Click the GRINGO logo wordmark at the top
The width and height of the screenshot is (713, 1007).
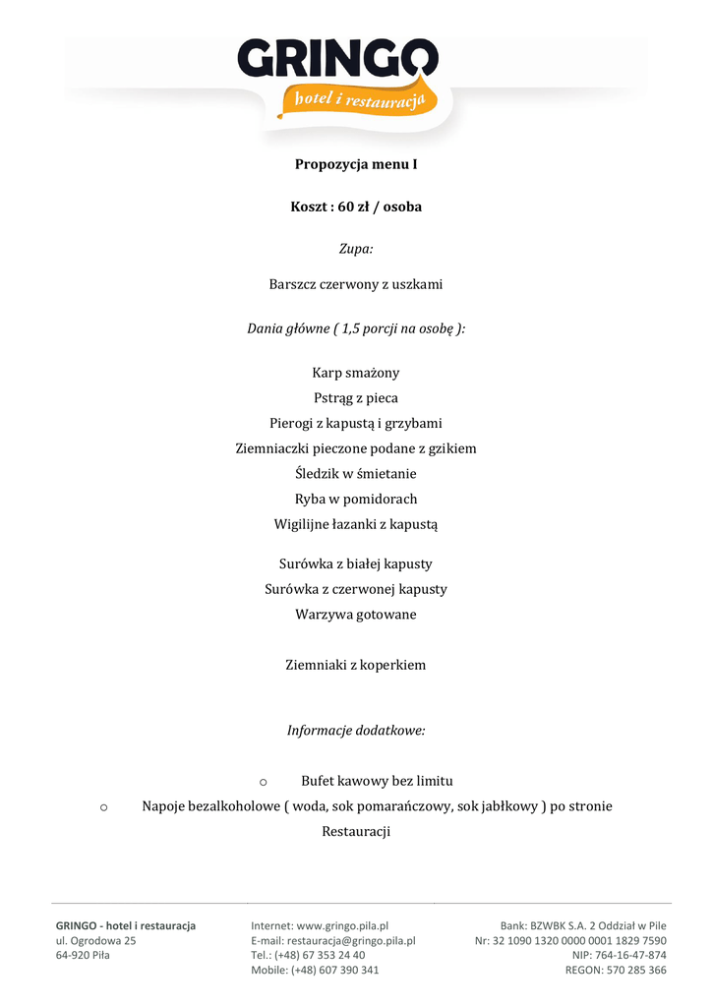337,60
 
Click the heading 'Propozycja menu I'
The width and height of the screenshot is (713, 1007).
356,164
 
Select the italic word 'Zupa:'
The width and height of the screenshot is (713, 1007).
356,250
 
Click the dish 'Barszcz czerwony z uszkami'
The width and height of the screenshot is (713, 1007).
356,284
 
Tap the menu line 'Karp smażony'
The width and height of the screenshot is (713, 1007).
356,374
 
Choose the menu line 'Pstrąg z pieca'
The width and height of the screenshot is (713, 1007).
356,398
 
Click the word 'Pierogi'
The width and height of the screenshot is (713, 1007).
293,424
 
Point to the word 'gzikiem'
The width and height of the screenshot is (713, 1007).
453,448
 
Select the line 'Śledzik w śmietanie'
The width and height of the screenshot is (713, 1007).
356,474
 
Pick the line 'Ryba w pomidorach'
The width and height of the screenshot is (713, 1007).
356,499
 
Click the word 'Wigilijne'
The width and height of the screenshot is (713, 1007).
303,524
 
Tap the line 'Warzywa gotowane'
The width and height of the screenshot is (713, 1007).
356,615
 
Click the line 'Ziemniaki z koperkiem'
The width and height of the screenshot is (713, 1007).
356,665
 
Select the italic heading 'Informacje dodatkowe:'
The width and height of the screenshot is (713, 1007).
356,731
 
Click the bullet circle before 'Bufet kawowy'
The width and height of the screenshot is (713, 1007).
264,782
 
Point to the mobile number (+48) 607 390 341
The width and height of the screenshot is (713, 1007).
334,970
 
